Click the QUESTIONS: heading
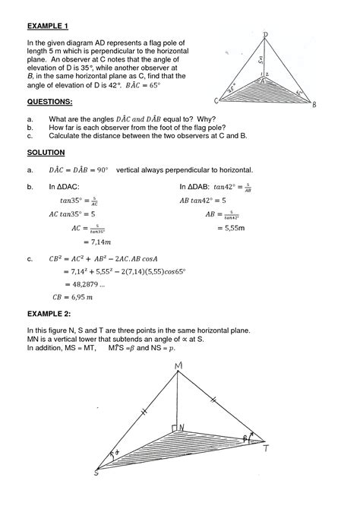click(x=50, y=101)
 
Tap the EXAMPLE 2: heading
click(x=49, y=313)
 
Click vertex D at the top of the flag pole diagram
click(x=265, y=35)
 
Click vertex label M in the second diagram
click(x=178, y=368)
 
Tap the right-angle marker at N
click(x=175, y=428)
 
